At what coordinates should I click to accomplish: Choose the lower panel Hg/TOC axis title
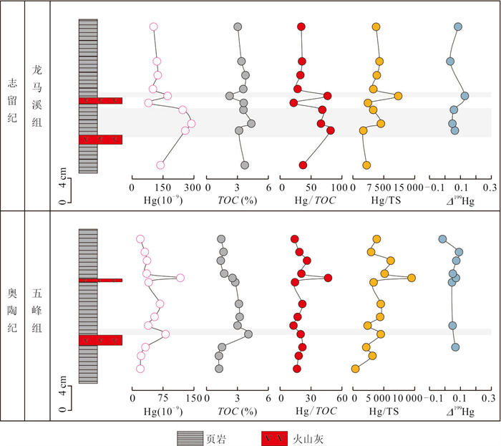(x=311, y=412)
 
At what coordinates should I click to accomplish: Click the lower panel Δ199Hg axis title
(x=459, y=412)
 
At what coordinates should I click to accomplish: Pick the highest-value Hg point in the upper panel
(x=191, y=124)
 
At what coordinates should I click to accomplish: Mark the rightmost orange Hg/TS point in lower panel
(x=412, y=278)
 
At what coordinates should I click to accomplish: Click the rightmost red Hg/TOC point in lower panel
(x=329, y=278)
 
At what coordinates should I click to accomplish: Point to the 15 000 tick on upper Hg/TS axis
(x=404, y=187)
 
